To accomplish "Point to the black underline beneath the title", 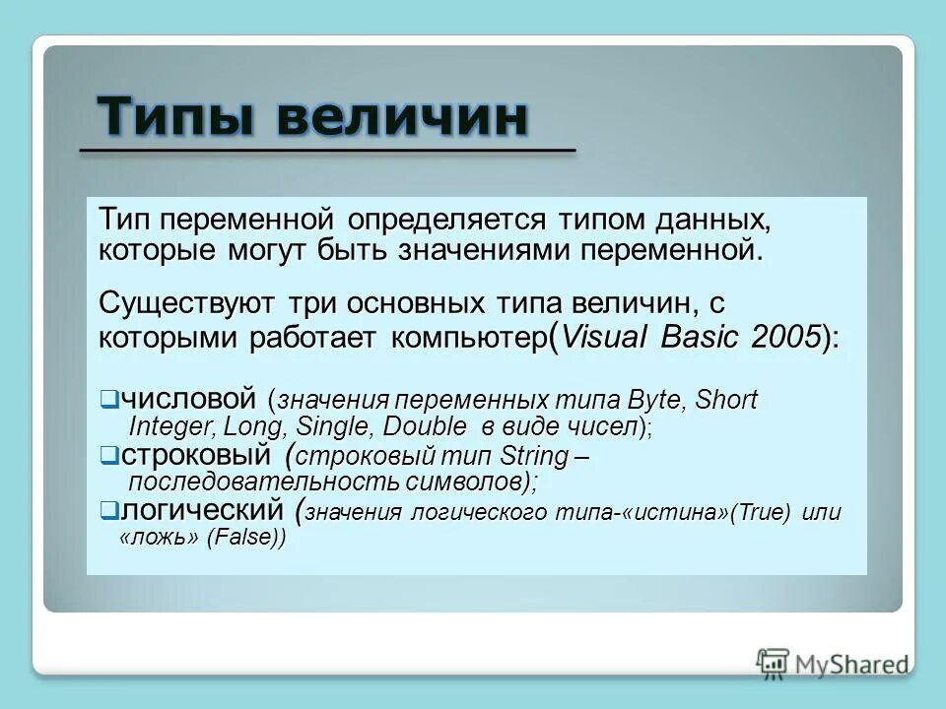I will coord(326,151).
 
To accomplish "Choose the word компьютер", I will coord(467,338).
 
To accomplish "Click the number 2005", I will coord(784,337).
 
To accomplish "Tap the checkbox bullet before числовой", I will coord(108,400).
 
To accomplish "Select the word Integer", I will coord(172,426).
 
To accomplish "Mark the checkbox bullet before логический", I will coord(108,510).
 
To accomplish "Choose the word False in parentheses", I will coord(244,539).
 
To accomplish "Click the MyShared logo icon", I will coord(773,662).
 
